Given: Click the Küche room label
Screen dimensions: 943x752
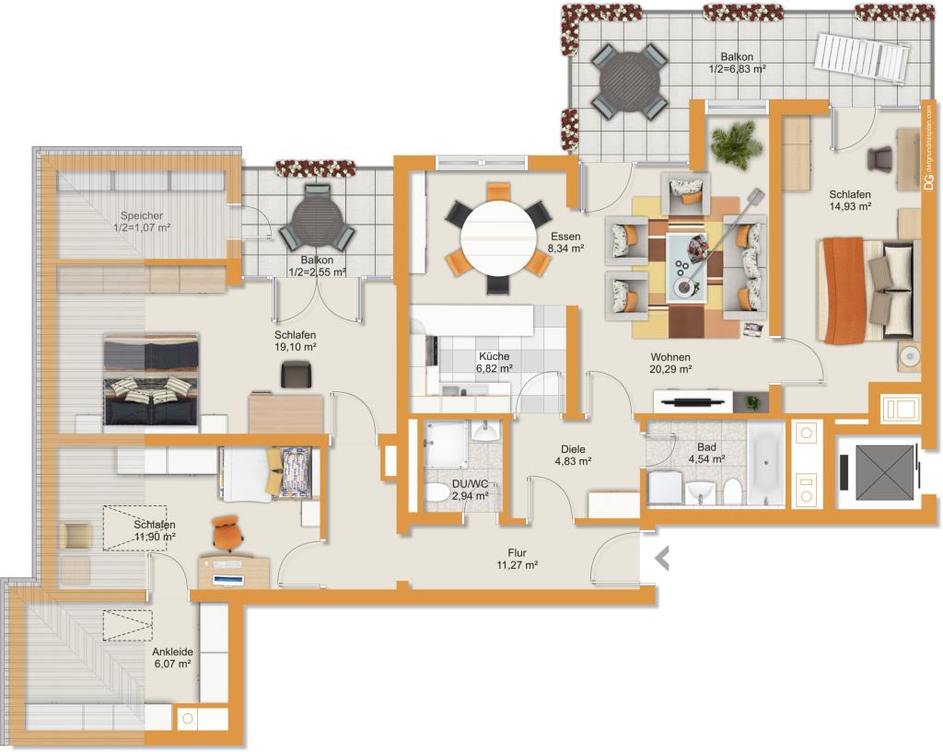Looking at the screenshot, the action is click(x=495, y=356).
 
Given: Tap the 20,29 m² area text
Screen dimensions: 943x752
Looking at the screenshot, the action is click(x=670, y=370).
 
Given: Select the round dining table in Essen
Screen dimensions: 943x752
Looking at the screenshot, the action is click(x=498, y=238).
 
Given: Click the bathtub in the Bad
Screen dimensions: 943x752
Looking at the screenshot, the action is click(x=765, y=464).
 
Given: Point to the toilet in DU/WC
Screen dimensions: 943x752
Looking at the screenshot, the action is click(x=437, y=493).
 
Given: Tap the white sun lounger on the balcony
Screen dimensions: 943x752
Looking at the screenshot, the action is click(x=861, y=58).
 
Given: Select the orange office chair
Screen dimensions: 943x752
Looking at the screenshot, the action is click(x=227, y=533).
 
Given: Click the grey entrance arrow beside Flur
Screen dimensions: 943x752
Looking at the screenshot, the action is click(x=662, y=559).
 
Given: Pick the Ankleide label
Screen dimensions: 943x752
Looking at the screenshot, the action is click(x=172, y=652).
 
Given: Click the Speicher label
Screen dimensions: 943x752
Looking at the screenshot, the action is click(x=141, y=215).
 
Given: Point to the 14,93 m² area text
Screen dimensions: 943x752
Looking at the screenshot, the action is click(x=850, y=206).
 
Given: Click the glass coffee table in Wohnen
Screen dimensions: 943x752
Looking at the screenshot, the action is click(x=690, y=265).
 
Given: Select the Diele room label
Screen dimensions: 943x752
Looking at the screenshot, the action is click(x=573, y=449).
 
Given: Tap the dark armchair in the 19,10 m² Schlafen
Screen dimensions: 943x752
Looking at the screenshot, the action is click(x=296, y=374).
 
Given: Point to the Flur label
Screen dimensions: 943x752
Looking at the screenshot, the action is click(x=518, y=552).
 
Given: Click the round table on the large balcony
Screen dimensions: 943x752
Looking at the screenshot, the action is click(x=629, y=81).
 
